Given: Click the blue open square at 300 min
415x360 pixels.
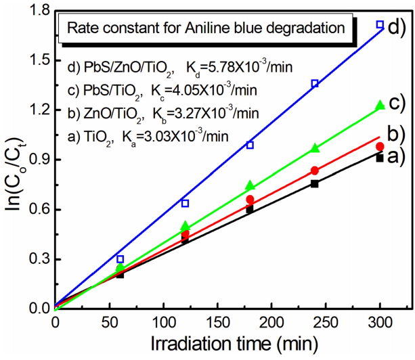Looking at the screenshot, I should click(380, 24).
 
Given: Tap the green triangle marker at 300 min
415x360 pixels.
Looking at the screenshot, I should click(380, 105).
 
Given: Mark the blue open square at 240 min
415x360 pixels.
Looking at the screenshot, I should click(315, 83).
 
